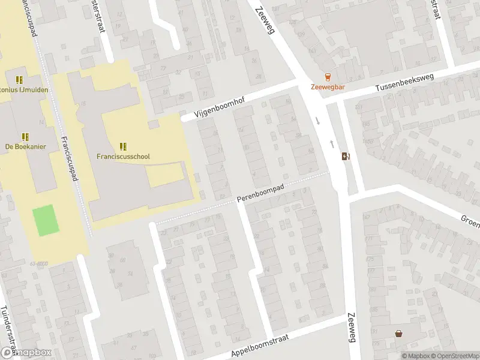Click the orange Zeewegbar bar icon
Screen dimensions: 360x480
click(x=327, y=76)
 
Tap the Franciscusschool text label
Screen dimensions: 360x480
click(x=123, y=157)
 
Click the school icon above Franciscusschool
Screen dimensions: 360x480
click(x=123, y=146)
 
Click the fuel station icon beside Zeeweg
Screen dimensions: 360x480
click(x=346, y=157)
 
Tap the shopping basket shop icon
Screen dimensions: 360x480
click(x=398, y=334)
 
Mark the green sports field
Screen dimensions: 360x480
click(x=43, y=220)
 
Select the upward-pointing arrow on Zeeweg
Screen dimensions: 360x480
click(x=332, y=144)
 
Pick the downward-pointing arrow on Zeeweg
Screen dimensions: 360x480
click(x=318, y=120)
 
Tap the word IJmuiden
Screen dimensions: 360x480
click(x=34, y=90)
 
